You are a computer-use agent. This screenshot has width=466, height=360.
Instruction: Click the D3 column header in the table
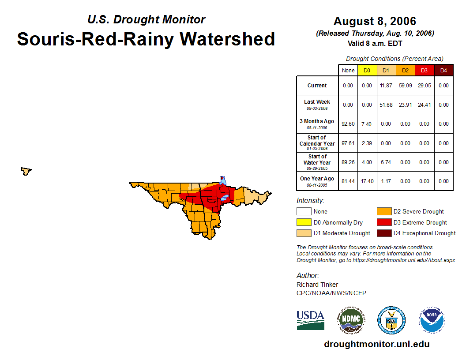click(x=424, y=71)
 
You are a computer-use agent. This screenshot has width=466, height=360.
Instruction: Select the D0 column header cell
click(x=367, y=71)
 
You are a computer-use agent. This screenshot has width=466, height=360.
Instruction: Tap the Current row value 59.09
click(x=405, y=86)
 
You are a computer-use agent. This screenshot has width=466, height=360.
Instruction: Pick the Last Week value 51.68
click(x=386, y=105)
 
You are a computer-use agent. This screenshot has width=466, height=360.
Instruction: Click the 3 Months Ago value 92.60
click(x=348, y=124)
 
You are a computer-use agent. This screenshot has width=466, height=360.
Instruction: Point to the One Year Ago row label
click(x=317, y=181)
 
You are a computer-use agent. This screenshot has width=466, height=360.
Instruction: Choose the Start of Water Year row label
click(x=317, y=162)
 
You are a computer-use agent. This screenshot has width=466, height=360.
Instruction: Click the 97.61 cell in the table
click(x=348, y=143)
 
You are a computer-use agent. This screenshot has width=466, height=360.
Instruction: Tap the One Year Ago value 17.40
click(x=367, y=181)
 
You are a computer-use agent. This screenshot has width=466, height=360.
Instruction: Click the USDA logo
click(x=310, y=320)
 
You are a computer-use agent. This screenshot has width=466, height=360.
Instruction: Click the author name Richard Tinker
click(x=317, y=285)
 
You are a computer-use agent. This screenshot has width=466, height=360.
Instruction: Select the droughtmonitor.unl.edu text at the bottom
click(x=376, y=344)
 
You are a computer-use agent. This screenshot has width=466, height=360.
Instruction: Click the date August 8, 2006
click(x=375, y=21)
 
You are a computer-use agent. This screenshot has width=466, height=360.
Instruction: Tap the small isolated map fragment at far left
click(x=26, y=171)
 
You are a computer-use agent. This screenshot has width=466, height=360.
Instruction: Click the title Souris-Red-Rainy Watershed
click(x=146, y=39)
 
